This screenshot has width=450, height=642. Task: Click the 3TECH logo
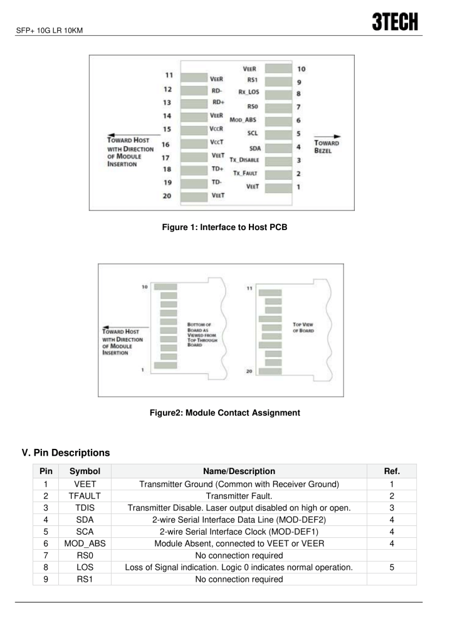click(395, 22)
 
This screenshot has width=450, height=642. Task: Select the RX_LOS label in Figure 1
click(249, 92)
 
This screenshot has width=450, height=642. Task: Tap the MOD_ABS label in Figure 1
click(243, 120)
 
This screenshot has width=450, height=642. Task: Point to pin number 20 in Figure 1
click(167, 196)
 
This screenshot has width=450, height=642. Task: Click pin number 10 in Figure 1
click(301, 69)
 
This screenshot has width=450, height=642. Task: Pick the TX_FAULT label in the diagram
click(245, 173)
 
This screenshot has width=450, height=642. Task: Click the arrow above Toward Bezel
click(327, 136)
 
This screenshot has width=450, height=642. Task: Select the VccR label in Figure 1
click(216, 129)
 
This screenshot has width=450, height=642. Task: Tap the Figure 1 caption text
click(224, 227)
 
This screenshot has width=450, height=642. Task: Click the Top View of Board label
click(303, 327)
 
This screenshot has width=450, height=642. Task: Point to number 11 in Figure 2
click(249, 288)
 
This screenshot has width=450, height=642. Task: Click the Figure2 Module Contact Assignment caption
click(225, 413)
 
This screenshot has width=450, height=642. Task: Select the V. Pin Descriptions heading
click(66, 453)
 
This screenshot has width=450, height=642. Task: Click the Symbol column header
click(85, 471)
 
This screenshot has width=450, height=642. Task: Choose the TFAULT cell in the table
click(85, 496)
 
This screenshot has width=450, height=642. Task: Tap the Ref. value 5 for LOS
click(392, 567)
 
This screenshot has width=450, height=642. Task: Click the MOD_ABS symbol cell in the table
click(85, 544)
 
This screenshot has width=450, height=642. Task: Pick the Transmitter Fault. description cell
click(239, 496)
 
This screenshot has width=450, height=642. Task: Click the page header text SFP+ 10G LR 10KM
click(49, 30)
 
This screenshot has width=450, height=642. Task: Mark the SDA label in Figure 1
click(255, 148)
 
